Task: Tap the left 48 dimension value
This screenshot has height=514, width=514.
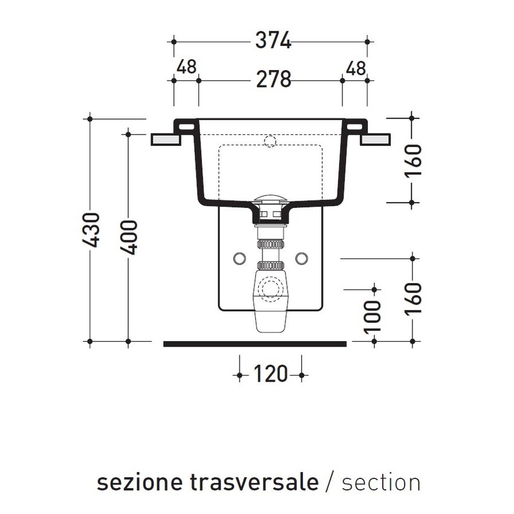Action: point(186,68)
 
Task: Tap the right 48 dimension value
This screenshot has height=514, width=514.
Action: point(355,68)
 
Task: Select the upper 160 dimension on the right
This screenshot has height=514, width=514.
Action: point(414,159)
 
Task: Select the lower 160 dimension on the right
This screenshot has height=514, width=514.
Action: point(414,299)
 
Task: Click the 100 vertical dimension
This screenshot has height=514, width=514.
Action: point(375,315)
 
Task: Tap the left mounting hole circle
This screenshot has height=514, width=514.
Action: point(239,258)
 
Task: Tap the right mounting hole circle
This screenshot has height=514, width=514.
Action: point(302,258)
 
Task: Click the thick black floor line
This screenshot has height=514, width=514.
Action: point(255,343)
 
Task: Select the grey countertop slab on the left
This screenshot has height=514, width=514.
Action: point(166,139)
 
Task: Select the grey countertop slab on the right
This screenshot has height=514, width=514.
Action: point(375,139)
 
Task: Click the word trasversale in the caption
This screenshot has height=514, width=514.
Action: point(254,483)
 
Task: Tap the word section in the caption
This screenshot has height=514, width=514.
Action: point(381,483)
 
